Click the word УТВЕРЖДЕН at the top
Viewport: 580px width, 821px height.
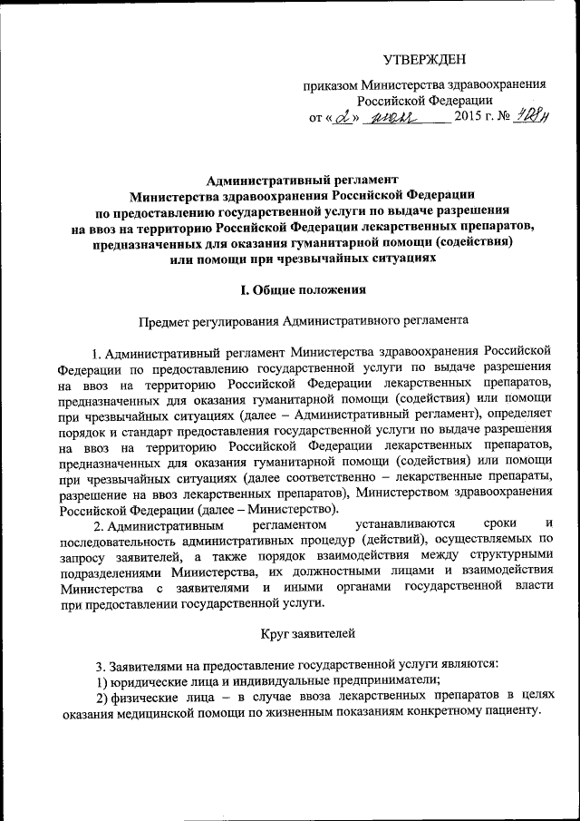[423, 60]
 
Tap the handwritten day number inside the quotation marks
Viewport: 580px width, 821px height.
[341, 118]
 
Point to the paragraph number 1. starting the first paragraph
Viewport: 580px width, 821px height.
[97, 352]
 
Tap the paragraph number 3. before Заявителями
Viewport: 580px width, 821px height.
[101, 663]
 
